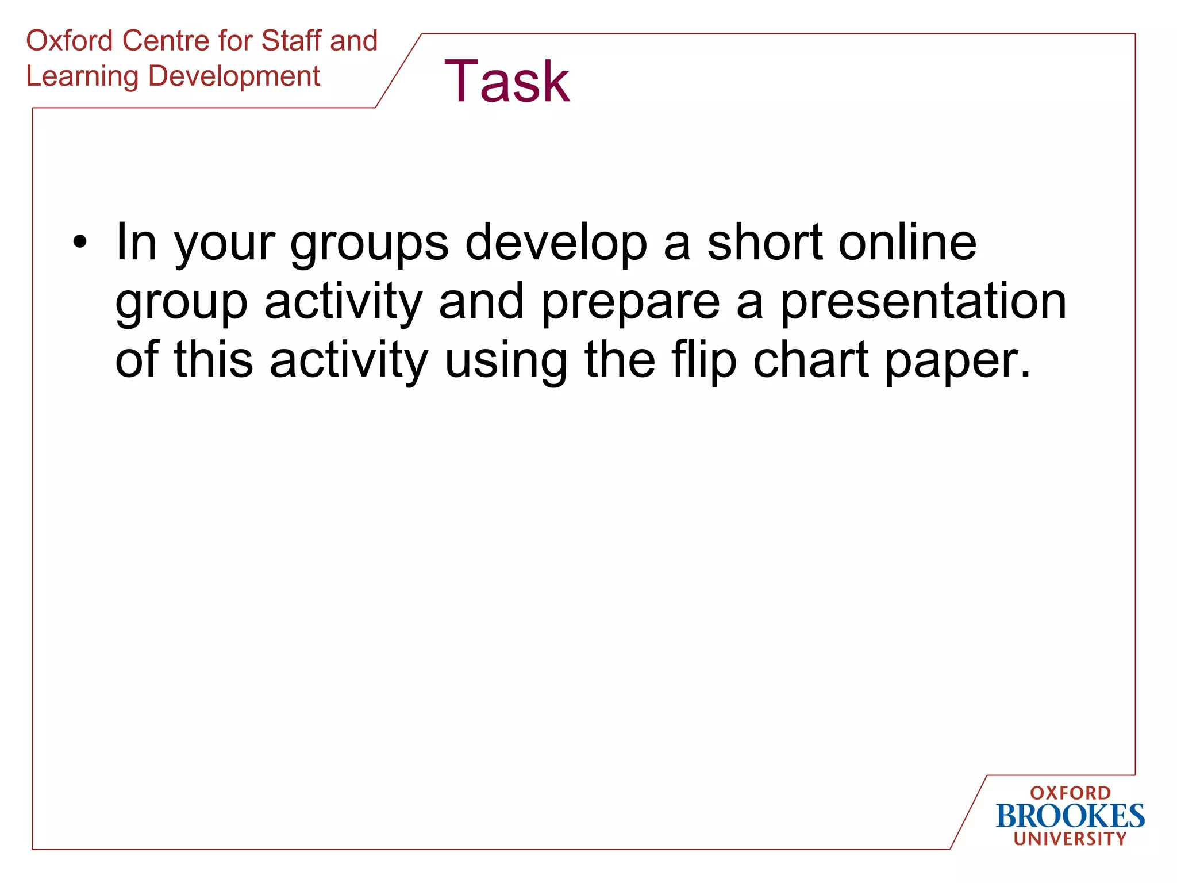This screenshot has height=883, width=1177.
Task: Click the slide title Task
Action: pyautogui.click(x=507, y=82)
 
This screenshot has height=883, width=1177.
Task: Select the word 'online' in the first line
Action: pyautogui.click(x=907, y=243)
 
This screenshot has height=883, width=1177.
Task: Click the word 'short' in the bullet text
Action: pyautogui.click(x=764, y=243)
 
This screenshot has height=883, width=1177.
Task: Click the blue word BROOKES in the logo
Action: pyautogui.click(x=1070, y=816)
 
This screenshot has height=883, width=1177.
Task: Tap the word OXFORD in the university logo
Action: pyautogui.click(x=1070, y=793)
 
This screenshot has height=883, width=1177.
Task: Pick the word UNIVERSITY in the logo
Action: pyautogui.click(x=1070, y=839)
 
